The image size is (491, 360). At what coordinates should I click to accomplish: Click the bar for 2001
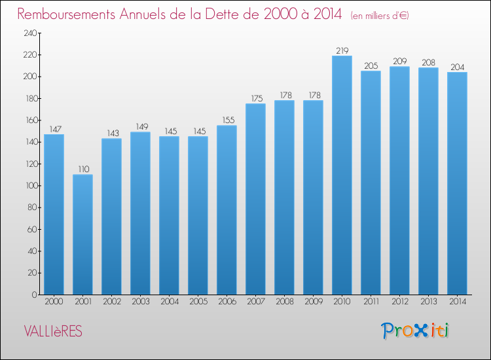click(82, 234)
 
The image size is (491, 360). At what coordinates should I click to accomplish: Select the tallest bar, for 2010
click(342, 175)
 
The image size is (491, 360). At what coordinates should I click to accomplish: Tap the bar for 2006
click(227, 210)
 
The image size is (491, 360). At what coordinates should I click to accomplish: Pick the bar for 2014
click(457, 183)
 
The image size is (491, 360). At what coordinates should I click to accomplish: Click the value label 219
click(342, 50)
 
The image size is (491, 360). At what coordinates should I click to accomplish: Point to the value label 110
click(84, 170)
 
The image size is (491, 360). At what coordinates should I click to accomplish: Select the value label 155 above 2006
click(228, 120)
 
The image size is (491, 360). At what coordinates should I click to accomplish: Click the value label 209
click(400, 62)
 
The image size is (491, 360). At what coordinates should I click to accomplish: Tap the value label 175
click(257, 99)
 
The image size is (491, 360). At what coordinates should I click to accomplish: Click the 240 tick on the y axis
click(30, 33)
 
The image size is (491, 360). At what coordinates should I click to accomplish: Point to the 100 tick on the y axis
click(31, 186)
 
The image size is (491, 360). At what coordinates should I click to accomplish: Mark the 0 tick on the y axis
click(35, 295)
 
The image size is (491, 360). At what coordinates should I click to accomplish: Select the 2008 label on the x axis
click(285, 302)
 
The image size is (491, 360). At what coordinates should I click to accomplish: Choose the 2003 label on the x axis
click(141, 302)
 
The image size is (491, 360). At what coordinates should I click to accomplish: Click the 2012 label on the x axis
click(400, 302)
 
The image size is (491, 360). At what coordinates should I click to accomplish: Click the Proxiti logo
click(415, 331)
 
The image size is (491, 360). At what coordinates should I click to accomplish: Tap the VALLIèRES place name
click(53, 331)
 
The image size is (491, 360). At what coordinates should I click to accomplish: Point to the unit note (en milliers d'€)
click(380, 16)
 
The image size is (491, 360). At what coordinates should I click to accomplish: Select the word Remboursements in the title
click(66, 14)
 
